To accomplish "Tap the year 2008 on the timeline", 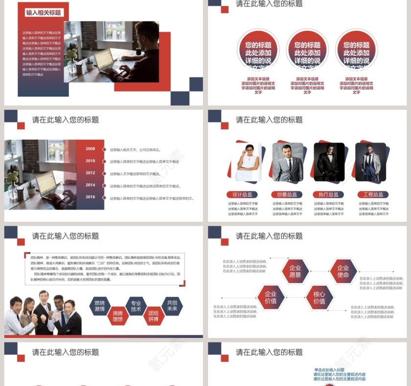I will [91, 149].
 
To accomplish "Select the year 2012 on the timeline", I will [91, 173].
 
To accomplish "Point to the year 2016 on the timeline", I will [91, 197].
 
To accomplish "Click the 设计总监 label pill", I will [243, 194].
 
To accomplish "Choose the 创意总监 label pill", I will [287, 194].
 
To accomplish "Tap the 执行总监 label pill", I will [328, 194].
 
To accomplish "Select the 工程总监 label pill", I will [373, 194].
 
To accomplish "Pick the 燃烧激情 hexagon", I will [99, 306].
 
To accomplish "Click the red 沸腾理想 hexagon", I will [118, 316].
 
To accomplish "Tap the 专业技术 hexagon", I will [136, 306].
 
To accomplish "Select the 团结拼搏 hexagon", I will [154, 316].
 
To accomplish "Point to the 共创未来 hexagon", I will [172, 306].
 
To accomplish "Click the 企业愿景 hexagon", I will [295, 271].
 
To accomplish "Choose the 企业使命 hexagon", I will [343, 271].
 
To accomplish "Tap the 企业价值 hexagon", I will [271, 297].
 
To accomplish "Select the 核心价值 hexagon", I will [319, 297].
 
